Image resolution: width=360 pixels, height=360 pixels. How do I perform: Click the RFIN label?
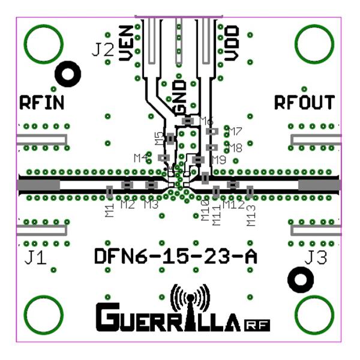click(x=41, y=102)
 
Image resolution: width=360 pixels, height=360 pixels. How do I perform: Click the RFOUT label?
click(x=304, y=102)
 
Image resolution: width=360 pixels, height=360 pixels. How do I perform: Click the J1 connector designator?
click(x=35, y=259)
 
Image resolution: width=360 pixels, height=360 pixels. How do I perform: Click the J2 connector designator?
click(x=103, y=50)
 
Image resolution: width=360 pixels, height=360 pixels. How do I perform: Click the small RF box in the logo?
click(x=258, y=325)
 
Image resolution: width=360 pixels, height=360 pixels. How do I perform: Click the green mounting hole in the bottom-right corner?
click(x=314, y=313)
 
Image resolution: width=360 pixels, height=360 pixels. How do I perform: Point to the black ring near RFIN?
click(x=68, y=75)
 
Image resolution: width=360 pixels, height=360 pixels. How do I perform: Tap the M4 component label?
click(x=142, y=158)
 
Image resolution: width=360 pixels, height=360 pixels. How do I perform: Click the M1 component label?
click(x=109, y=210)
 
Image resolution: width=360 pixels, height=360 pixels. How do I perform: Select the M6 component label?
click(x=206, y=120)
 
